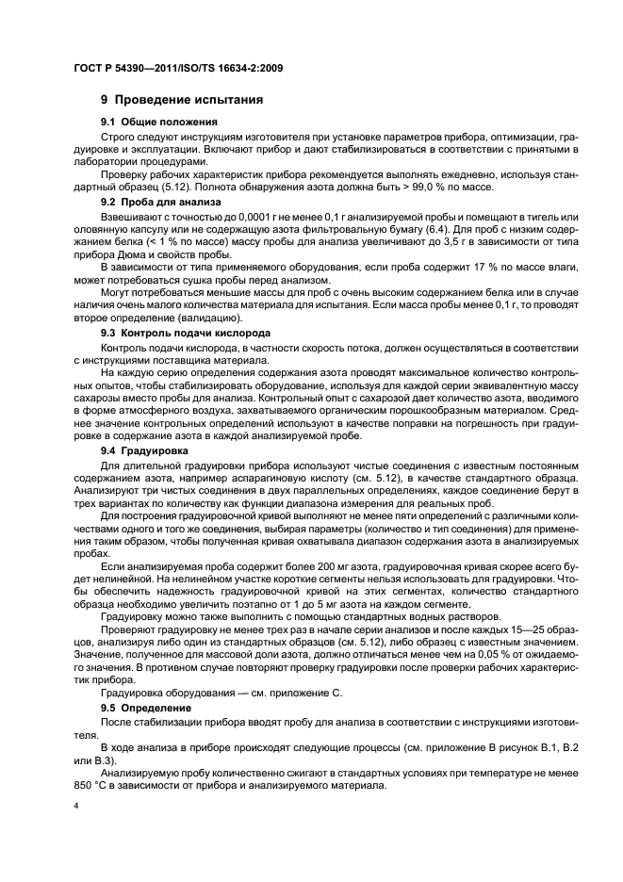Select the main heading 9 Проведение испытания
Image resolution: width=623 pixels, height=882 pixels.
point(182,100)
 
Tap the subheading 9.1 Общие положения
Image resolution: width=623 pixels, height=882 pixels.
point(159,122)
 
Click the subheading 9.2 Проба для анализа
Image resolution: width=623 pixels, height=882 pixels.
point(161,202)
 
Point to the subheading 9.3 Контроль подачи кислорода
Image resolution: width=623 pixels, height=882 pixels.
point(186,334)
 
